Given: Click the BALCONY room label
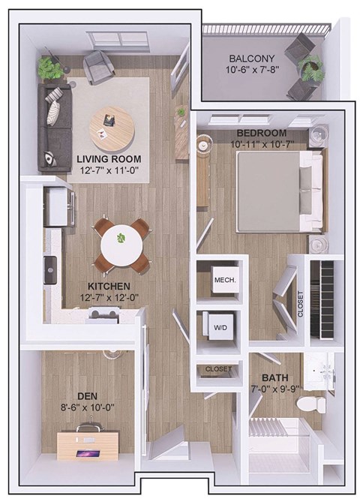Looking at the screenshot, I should pyautogui.click(x=252, y=58).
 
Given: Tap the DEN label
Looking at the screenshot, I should pyautogui.click(x=86, y=395).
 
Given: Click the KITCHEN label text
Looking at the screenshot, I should pyautogui.click(x=109, y=287).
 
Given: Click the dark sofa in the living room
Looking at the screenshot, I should pyautogui.click(x=52, y=125).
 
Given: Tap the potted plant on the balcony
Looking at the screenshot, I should pyautogui.click(x=309, y=67).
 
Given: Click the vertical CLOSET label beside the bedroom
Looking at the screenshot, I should pyautogui.click(x=300, y=304).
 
